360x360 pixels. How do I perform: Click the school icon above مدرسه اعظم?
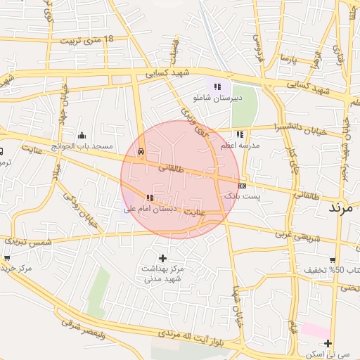point(240,134)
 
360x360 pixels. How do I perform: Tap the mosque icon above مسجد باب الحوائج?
point(82,135)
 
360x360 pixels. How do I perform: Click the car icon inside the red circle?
point(141,151)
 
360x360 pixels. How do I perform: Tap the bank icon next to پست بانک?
point(243,186)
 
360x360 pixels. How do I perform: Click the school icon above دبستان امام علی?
point(149,198)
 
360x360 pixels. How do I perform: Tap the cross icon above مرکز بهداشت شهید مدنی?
point(163,257)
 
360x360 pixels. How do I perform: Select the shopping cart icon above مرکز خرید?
point(7,258)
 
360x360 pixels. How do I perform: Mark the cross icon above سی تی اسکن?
point(328,342)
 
